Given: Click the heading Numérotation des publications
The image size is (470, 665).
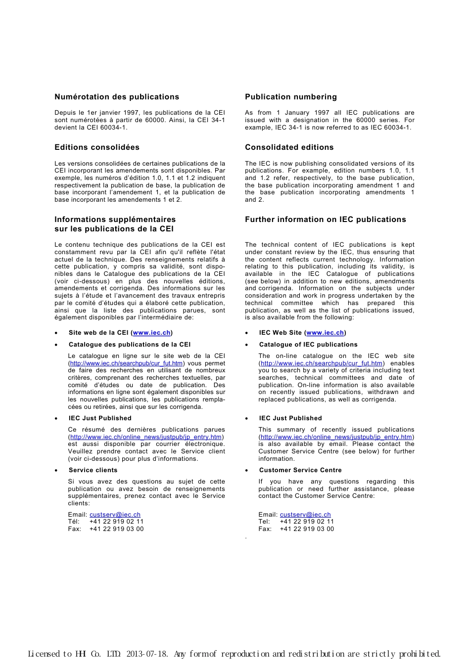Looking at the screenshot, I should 117,97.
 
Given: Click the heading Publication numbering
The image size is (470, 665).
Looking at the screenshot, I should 291,97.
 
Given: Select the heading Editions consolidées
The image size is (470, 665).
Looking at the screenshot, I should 97,147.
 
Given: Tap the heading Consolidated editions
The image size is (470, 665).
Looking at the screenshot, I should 289,147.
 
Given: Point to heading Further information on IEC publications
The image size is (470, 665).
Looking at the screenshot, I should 326,220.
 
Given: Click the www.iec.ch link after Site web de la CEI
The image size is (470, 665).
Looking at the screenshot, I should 152,333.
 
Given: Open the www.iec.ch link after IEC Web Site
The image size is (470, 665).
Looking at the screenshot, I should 325,333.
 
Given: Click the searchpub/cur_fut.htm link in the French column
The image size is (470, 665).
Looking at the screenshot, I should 127,363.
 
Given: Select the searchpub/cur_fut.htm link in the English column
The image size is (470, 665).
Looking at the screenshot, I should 322,363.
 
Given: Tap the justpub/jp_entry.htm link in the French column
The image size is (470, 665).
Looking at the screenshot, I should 146,437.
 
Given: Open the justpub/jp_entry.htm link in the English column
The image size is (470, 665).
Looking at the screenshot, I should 336,437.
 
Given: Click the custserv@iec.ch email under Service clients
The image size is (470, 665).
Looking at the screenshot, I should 115,515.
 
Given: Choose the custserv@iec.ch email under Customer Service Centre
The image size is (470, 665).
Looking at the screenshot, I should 305,515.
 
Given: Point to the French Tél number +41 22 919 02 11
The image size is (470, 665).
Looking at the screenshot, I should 116,522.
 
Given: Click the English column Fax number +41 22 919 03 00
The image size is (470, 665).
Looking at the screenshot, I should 307,529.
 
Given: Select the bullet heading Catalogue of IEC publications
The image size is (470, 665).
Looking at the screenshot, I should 308,345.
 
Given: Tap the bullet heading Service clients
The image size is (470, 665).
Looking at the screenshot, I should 93,470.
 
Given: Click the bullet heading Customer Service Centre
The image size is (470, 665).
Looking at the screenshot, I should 300,470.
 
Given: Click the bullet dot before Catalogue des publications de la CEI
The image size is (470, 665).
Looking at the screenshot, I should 56,345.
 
